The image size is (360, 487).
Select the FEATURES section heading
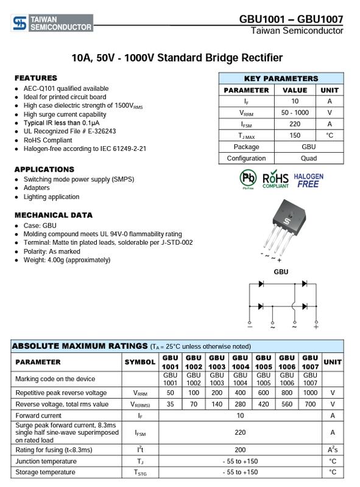pos(36,78)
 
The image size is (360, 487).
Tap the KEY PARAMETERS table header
pos(281,79)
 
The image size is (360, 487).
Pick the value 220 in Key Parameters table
pos(295,124)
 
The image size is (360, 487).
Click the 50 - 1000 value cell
pos(295,113)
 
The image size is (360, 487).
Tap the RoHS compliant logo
pos(275,179)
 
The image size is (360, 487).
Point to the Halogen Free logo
pos(309,180)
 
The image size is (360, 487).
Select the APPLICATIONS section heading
pos(44,169)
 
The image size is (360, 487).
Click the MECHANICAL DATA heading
pos(54,215)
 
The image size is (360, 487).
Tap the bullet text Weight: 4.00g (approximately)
pos(67,260)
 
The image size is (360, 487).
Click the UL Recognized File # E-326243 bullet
pos(69,131)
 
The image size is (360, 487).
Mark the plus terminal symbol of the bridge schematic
pos(316,326)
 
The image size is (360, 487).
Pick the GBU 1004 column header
pos(241,362)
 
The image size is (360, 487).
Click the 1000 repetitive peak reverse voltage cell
pos(310,393)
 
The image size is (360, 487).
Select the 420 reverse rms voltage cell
pos(263,404)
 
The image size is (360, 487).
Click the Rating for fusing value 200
pos(241,449)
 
